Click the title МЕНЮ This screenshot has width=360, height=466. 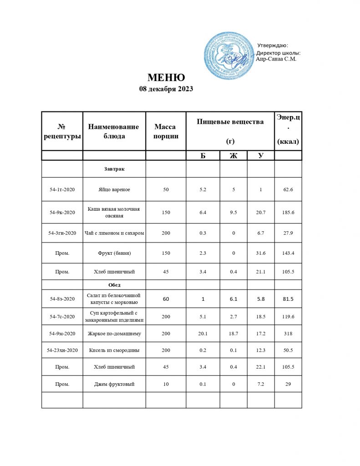[x=166, y=77]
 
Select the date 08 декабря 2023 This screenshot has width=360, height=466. [x=166, y=89]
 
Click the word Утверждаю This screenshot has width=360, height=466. [x=273, y=45]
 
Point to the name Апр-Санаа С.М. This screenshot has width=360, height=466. [x=277, y=59]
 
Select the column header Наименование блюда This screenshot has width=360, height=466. [x=114, y=131]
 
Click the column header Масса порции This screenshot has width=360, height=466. [x=166, y=131]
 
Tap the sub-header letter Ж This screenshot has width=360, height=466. [x=233, y=156]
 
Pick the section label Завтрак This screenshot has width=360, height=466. [x=114, y=169]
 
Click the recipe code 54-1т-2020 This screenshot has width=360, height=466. [x=62, y=189]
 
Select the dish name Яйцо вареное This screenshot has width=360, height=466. [x=114, y=189]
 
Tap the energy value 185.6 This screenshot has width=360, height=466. [x=288, y=212]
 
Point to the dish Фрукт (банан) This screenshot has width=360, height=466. [x=114, y=253]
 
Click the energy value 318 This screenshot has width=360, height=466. [x=288, y=334]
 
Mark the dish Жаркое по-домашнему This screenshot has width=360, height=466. [x=114, y=334]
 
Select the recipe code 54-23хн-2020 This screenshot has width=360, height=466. [x=62, y=350]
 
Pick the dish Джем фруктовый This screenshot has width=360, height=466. [x=114, y=384]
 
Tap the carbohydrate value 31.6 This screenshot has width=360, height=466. [x=261, y=253]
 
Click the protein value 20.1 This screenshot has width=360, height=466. [x=203, y=334]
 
